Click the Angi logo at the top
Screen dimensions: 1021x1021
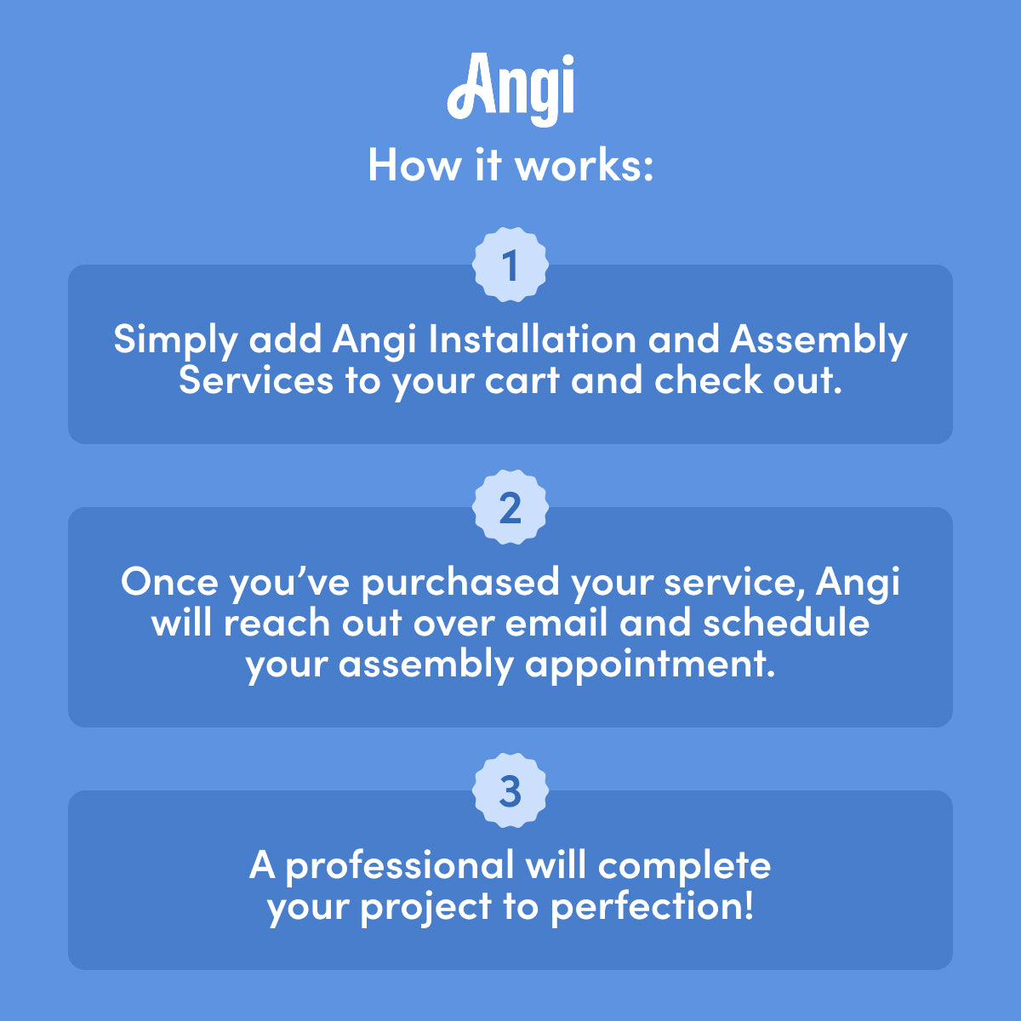click(510, 89)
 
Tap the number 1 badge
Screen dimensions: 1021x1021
click(510, 265)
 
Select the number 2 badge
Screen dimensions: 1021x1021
click(510, 507)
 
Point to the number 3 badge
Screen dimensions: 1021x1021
click(510, 790)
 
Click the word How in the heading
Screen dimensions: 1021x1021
click(414, 165)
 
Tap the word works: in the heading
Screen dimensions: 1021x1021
click(585, 165)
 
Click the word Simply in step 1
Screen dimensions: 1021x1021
click(175, 341)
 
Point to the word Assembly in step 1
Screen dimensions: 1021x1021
click(819, 341)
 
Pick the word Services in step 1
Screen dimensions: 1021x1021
click(256, 379)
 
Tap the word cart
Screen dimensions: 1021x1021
click(522, 381)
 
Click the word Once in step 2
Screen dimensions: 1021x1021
click(169, 581)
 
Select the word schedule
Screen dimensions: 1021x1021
click(786, 622)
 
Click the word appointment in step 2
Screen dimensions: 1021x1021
click(649, 665)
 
